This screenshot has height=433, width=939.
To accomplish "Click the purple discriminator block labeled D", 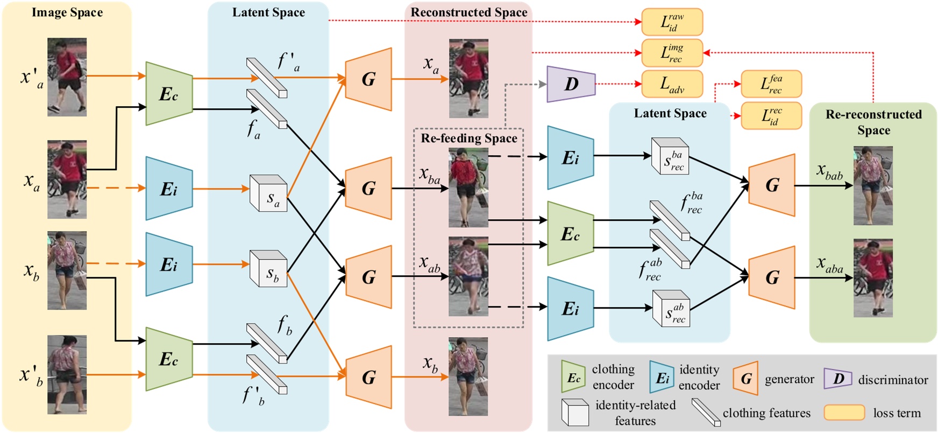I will pyautogui.click(x=571, y=84).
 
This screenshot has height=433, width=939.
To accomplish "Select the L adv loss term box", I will pyautogui.click(x=672, y=84).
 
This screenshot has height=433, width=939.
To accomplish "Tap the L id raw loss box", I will pyautogui.click(x=672, y=22).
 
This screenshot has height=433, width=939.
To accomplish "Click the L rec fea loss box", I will pyautogui.click(x=771, y=84).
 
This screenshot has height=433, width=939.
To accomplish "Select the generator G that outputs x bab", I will pyautogui.click(x=772, y=185).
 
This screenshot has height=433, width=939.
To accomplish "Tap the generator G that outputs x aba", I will pyautogui.click(x=772, y=277).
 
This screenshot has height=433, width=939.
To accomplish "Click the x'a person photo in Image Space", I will pyautogui.click(x=67, y=77).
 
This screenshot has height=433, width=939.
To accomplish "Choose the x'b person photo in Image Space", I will pyautogui.click(x=67, y=375).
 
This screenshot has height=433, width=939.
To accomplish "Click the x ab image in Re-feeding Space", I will pyautogui.click(x=468, y=276).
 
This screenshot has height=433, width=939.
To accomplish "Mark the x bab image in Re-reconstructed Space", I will pyautogui.click(x=873, y=186).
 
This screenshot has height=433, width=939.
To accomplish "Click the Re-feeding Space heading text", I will pyautogui.click(x=469, y=138).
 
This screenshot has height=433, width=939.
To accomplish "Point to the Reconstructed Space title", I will pyautogui.click(x=469, y=12).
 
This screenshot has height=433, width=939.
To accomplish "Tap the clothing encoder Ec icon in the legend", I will pyautogui.click(x=573, y=378).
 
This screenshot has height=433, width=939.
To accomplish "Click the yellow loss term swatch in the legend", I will pyautogui.click(x=844, y=413).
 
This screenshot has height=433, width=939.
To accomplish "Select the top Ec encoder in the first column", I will pyautogui.click(x=169, y=94).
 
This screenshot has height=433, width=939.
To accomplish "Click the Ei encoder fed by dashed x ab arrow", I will pyautogui.click(x=570, y=309).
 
